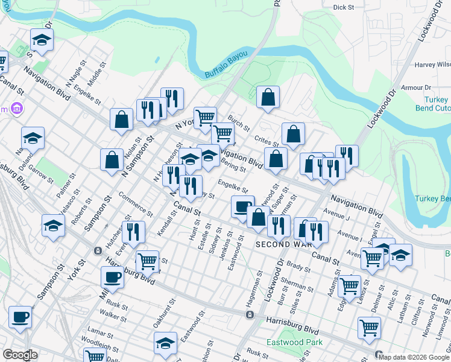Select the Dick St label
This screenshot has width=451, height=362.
tap(343, 7)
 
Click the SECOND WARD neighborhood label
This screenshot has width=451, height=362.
tap(284, 244)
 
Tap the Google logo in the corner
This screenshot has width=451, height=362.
tap(20, 355)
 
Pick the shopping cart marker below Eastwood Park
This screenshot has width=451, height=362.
tap(369, 328)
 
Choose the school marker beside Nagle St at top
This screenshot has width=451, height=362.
tap(42, 40)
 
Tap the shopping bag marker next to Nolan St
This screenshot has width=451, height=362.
tap(112, 160)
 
